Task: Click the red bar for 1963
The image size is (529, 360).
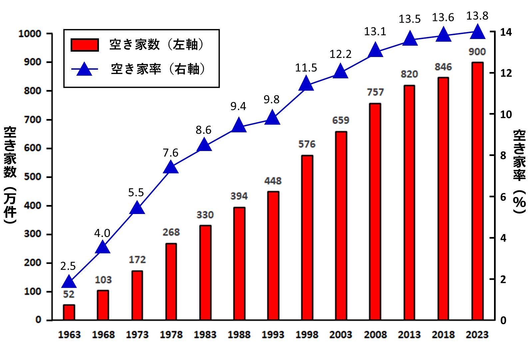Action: point(69,312)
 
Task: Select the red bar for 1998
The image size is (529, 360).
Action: point(307,238)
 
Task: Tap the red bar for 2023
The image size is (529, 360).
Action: point(477,191)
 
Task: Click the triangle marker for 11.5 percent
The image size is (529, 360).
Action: point(306,84)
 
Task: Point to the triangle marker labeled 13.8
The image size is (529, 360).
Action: point(477,33)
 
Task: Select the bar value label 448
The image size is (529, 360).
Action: point(273,181)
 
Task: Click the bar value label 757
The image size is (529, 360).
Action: point(375,92)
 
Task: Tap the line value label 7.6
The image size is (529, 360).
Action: point(171,153)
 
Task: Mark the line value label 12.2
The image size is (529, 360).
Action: point(340,54)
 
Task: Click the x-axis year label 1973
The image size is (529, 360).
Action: point(137,335)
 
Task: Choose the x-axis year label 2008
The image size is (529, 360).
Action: point(375,335)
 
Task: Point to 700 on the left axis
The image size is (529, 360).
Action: point(33,120)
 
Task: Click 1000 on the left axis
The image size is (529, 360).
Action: point(30,34)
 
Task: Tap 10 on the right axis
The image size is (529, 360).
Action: point(506,115)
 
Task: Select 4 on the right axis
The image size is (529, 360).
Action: point(503,238)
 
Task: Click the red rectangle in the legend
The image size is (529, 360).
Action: point(85,45)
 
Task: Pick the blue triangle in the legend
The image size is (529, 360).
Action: point(84,69)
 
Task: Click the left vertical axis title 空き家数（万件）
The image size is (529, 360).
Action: point(10,175)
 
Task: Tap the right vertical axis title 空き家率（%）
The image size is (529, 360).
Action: point(519,172)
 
